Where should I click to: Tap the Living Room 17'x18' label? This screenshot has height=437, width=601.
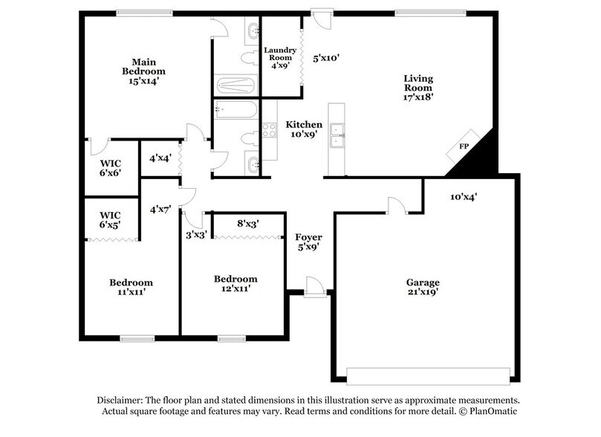418,87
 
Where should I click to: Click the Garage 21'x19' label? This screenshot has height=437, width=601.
422,287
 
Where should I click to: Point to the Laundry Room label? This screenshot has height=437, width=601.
280,58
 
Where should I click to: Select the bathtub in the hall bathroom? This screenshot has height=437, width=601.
235,111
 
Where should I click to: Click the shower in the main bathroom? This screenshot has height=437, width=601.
235,83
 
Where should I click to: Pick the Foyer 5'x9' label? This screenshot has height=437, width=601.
308,242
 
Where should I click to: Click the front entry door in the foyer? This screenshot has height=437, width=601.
314,288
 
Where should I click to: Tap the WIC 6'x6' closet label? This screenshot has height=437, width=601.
110,167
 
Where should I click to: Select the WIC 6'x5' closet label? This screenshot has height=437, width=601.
110,219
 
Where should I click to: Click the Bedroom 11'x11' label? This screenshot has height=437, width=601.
131,287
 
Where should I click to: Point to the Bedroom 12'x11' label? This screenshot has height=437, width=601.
235,283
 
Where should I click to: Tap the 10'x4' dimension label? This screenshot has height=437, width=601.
463,197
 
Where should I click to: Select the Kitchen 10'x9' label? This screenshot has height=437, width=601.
304,129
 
